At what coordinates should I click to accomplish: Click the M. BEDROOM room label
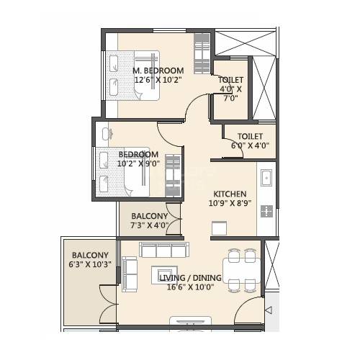[x=158, y=70]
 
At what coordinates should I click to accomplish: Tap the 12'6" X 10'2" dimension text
[x=158, y=80]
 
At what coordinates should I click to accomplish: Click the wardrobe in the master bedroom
[x=202, y=55]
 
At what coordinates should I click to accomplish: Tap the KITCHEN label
[x=230, y=194]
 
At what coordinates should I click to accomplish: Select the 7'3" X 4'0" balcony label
[x=149, y=220]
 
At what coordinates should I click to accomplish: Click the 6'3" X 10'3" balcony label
[x=90, y=260]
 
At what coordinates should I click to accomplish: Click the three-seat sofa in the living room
[x=163, y=251]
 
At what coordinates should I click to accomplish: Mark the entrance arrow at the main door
[x=269, y=310]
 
